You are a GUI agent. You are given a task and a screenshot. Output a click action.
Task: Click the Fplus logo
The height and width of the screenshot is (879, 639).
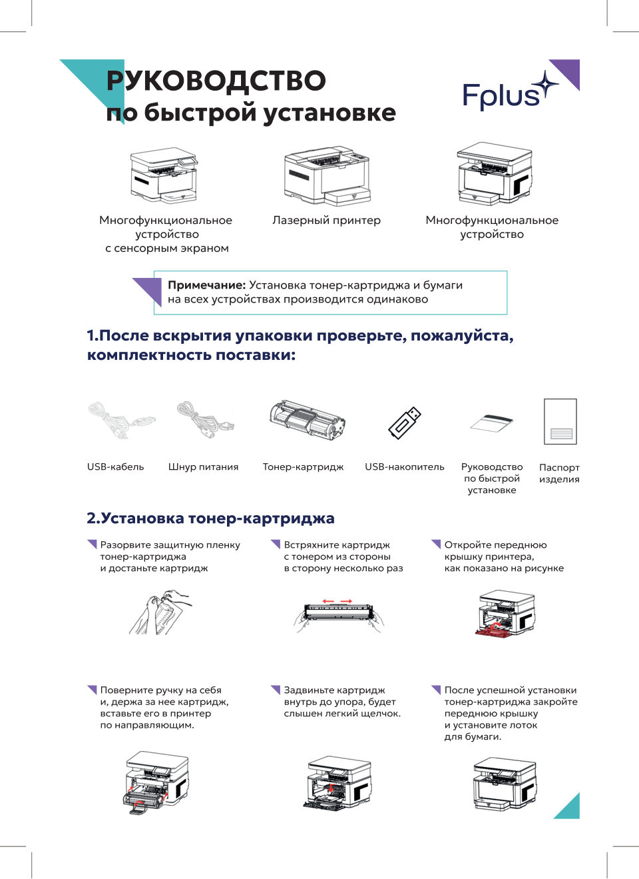point(509,93)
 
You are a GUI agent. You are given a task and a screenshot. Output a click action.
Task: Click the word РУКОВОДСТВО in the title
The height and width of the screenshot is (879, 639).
point(216,81)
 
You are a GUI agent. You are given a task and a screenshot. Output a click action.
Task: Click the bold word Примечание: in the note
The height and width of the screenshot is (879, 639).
point(206,285)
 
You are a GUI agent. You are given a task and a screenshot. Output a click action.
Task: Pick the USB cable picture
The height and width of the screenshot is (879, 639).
point(120,420)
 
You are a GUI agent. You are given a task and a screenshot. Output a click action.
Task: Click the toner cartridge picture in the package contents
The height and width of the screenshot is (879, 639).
point(307,421)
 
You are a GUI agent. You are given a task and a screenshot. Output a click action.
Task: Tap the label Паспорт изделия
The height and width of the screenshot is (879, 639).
point(559,473)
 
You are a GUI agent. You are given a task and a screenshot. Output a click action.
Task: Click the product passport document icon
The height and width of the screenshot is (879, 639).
point(560,422)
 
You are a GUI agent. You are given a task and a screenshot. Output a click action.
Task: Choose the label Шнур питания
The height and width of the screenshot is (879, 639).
point(203,467)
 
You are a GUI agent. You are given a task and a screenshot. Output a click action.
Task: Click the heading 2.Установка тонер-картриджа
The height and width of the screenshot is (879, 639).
point(210,518)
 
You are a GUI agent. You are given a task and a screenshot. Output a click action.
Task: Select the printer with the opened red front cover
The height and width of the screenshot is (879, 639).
point(505,613)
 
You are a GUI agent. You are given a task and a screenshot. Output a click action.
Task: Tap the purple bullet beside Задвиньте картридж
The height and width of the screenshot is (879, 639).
point(276,690)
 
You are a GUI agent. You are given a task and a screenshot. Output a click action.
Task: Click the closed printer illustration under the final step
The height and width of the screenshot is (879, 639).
point(504,783)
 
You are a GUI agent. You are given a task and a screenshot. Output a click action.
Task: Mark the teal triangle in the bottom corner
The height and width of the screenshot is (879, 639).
point(570,808)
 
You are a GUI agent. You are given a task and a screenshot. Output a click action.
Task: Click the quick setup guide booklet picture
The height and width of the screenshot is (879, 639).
point(491,423)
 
